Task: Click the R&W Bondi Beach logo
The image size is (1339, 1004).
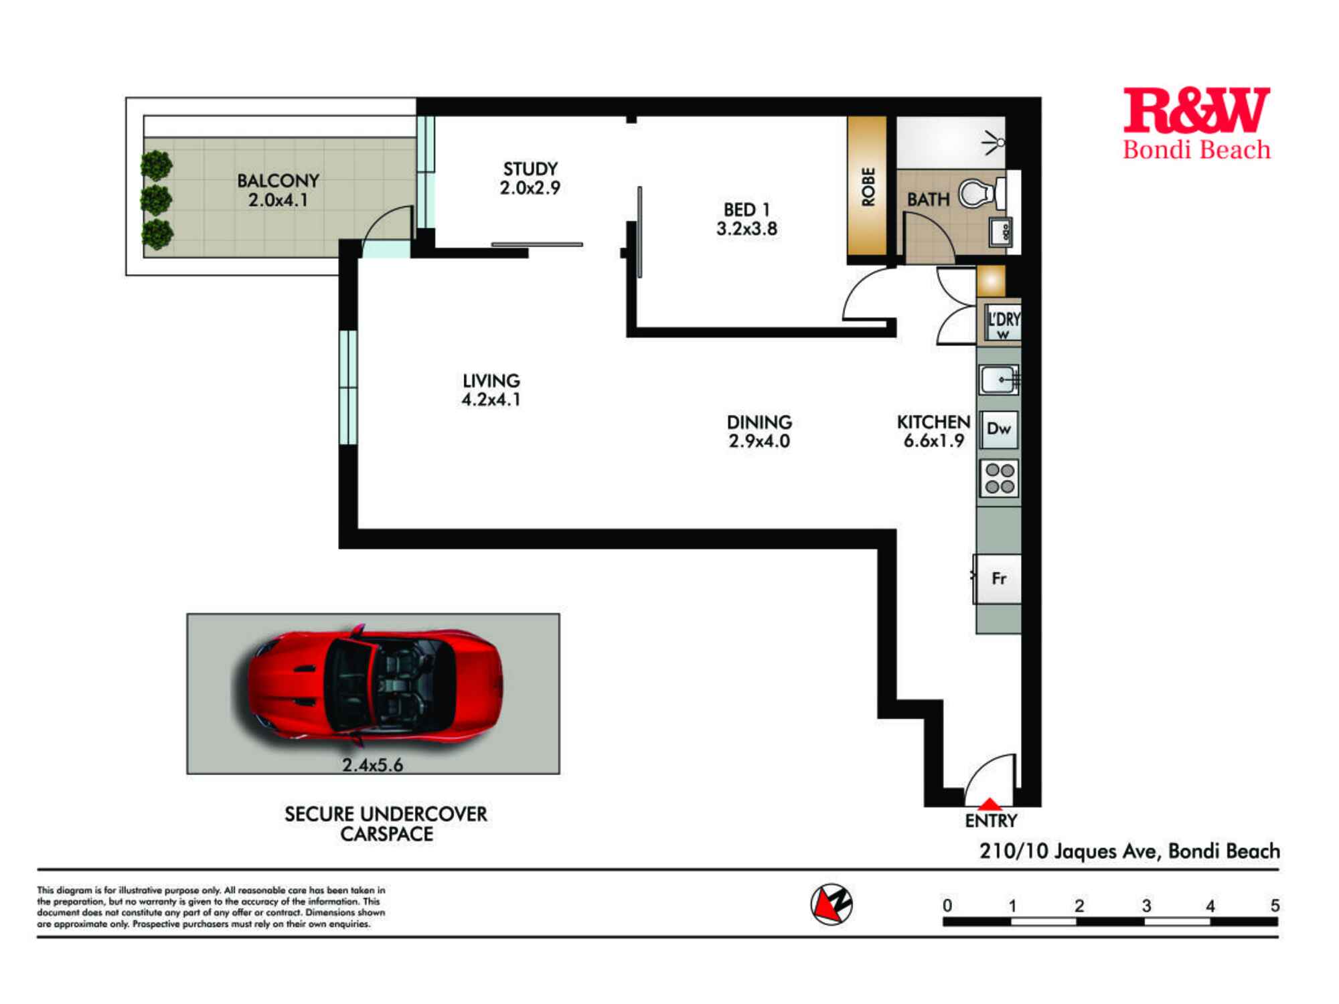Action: [1196, 124]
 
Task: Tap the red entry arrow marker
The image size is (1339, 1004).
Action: [990, 805]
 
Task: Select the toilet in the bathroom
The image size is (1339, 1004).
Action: [979, 194]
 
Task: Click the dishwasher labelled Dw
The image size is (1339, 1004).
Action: [999, 429]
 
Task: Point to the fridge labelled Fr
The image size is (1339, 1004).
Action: [998, 578]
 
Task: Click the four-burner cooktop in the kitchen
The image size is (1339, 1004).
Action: [999, 479]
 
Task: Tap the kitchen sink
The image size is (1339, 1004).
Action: [999, 380]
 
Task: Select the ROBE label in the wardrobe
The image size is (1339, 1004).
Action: [868, 187]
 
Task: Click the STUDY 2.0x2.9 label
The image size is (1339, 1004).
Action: [530, 179]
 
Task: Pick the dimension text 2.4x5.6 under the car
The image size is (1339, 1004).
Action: [372, 765]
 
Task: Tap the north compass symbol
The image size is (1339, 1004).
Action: [832, 904]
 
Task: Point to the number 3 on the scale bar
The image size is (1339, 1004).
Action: [1146, 906]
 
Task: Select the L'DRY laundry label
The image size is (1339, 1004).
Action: [1003, 320]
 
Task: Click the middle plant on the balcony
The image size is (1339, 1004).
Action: [157, 199]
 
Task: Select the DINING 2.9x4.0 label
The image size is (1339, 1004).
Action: [759, 432]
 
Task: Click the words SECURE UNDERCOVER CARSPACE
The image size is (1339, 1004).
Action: [386, 824]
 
